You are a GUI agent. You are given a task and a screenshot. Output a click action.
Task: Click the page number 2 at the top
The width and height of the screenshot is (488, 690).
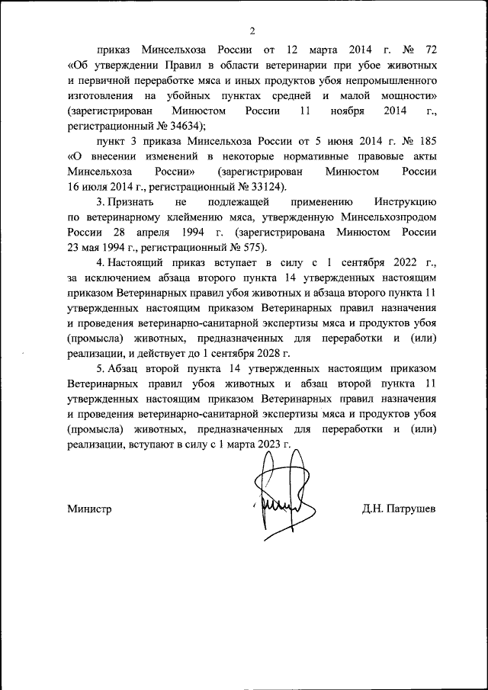251,31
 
